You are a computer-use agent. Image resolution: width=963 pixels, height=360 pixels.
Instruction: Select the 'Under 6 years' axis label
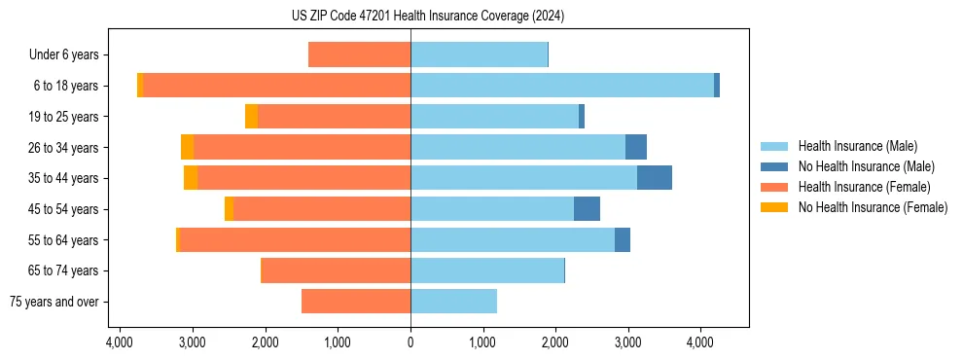tap(69, 55)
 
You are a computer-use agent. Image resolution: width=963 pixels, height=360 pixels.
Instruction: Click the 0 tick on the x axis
tap(410, 342)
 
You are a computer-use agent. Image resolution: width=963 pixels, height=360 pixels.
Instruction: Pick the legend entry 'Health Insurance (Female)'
tap(864, 187)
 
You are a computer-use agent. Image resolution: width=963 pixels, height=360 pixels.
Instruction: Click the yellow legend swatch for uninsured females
tap(774, 207)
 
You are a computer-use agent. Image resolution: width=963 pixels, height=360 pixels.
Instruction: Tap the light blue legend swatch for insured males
tap(774, 146)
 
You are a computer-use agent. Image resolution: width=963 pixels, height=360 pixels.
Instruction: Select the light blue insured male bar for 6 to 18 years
tap(562, 86)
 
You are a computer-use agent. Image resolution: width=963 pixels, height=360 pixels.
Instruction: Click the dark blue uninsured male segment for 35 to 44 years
tap(655, 178)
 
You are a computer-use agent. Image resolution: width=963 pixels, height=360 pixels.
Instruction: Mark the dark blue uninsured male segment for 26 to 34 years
tap(636, 147)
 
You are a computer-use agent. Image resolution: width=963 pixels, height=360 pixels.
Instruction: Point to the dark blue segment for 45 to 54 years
tap(587, 209)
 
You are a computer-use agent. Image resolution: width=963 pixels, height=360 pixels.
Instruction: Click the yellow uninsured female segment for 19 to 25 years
tap(251, 117)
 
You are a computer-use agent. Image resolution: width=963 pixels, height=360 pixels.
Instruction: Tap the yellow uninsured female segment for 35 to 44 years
tap(191, 178)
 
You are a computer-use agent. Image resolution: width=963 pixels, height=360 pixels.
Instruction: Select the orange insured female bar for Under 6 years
tap(359, 55)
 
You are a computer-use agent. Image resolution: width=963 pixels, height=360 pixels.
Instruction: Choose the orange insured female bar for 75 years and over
tap(356, 302)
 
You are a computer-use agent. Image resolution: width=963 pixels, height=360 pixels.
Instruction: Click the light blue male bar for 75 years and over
tap(453, 302)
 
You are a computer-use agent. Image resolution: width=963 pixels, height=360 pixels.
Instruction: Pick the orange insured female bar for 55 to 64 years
tap(296, 239)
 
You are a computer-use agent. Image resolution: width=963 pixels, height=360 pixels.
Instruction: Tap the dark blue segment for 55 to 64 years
tap(623, 239)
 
